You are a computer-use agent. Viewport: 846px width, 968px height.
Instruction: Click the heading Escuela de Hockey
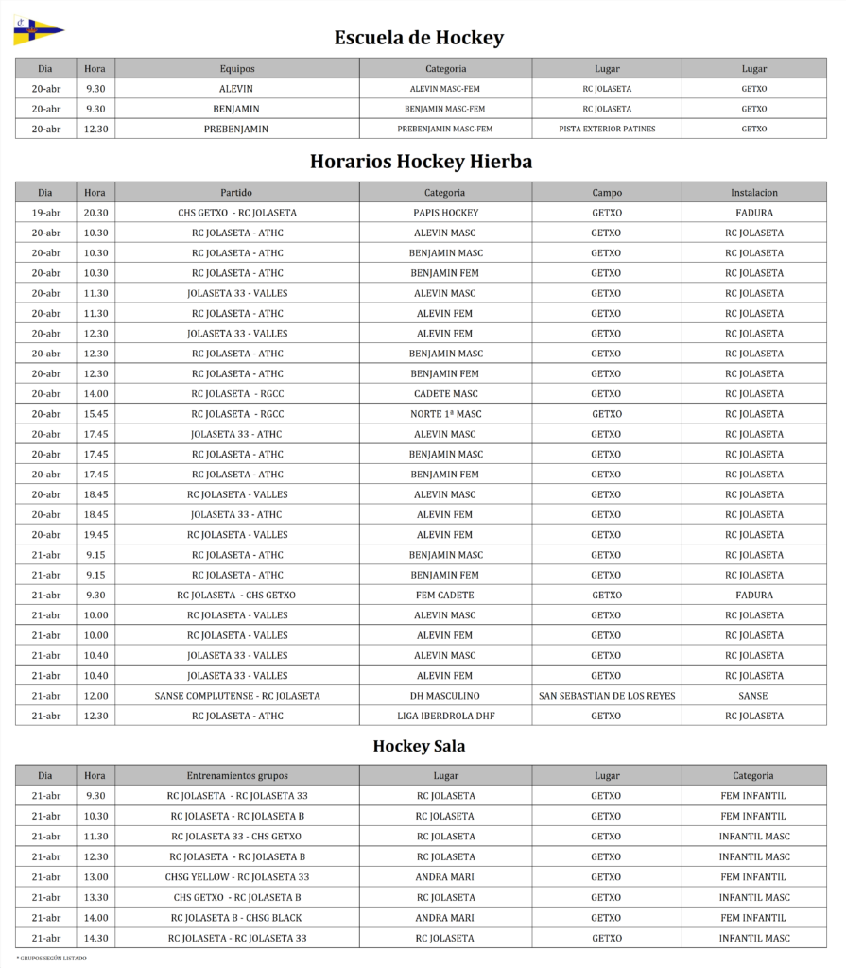click(x=419, y=38)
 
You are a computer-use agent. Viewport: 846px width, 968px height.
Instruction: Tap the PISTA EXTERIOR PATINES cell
click(x=607, y=129)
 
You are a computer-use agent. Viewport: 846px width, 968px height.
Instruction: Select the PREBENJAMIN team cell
click(x=236, y=129)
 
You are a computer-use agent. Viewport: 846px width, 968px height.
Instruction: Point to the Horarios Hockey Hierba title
click(x=421, y=162)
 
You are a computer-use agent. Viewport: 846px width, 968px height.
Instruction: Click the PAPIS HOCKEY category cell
click(x=445, y=213)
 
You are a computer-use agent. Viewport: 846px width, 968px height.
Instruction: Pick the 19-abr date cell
click(x=45, y=213)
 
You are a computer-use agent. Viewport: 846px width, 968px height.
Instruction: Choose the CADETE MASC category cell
click(x=445, y=394)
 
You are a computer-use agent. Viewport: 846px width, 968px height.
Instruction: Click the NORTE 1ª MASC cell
click(x=445, y=414)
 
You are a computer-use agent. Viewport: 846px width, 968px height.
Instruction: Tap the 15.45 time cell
click(x=95, y=414)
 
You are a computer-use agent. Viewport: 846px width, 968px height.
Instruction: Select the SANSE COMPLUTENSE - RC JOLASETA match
click(x=236, y=696)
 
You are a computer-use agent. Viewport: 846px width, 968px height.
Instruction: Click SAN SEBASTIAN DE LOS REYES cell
click(x=607, y=696)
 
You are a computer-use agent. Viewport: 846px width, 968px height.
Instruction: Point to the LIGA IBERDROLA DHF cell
click(x=445, y=716)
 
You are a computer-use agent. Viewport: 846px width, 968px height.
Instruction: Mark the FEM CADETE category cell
click(x=445, y=596)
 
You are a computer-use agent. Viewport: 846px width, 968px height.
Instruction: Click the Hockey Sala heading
click(x=419, y=746)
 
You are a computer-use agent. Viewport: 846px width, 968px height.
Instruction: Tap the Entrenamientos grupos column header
click(x=236, y=775)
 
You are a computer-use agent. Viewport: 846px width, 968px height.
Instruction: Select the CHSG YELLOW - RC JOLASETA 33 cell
click(x=236, y=876)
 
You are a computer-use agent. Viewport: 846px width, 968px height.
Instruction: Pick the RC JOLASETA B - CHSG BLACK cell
click(x=236, y=917)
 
